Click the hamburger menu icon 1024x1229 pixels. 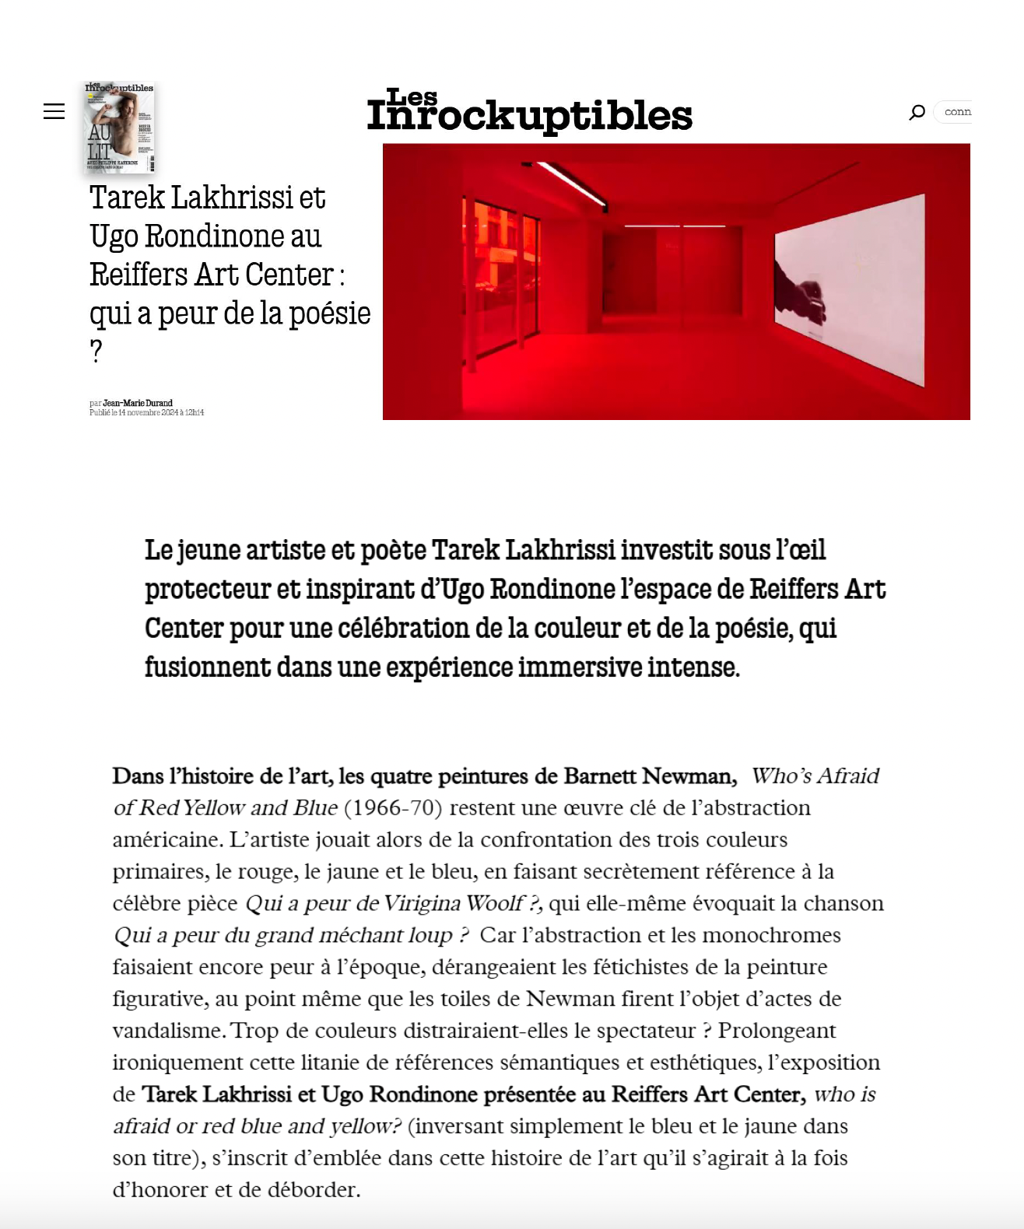54,111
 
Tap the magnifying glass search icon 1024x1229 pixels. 917,112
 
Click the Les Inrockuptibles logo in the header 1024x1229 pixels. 529,111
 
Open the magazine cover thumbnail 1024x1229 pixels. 119,127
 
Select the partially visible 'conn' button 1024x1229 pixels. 956,112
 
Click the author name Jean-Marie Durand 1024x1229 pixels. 138,403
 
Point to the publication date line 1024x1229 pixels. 147,413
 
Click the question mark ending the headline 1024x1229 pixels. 96,352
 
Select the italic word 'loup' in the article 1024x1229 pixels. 430,935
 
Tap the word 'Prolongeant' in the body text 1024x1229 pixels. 777,1031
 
